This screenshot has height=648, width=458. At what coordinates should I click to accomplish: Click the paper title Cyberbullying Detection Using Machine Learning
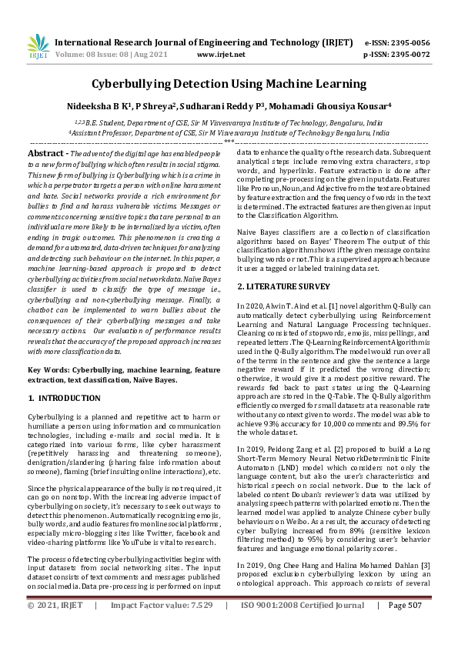click(x=229, y=83)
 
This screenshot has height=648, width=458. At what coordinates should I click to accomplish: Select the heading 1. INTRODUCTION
click(x=64, y=398)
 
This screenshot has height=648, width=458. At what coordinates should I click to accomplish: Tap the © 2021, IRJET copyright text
click(x=55, y=627)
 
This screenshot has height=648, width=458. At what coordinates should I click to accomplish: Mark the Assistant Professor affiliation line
click(x=229, y=132)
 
